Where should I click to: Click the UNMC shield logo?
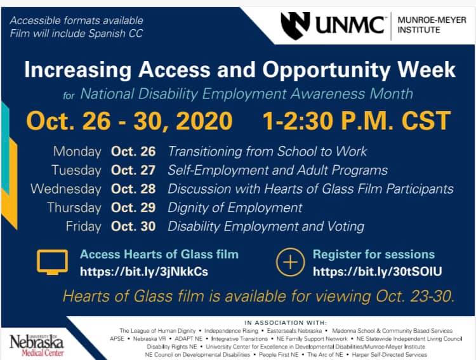pyautogui.click(x=295, y=25)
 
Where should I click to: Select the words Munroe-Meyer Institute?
pyautogui.click(x=432, y=25)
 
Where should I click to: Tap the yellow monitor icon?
pyautogui.click(x=52, y=262)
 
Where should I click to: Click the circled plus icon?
pyautogui.click(x=290, y=262)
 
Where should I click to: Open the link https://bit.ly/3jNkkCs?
pyautogui.click(x=144, y=271)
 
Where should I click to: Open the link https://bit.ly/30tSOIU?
pyautogui.click(x=378, y=271)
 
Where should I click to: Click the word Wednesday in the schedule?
pyautogui.click(x=66, y=189)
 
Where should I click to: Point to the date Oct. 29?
pyautogui.click(x=133, y=208)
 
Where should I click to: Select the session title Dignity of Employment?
pyautogui.click(x=235, y=208)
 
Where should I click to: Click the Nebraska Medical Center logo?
pyautogui.click(x=37, y=345)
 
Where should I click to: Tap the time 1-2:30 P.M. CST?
pyautogui.click(x=357, y=121)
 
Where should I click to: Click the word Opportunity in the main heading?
pyautogui.click(x=326, y=70)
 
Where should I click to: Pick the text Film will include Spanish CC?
pyautogui.click(x=77, y=34)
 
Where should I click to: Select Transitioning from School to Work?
pyautogui.click(x=267, y=151)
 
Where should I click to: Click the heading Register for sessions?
pyautogui.click(x=374, y=254)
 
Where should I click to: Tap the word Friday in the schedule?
pyautogui.click(x=84, y=227)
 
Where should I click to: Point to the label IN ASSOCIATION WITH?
pyautogui.click(x=286, y=323)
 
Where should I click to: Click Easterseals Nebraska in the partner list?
pyautogui.click(x=294, y=331)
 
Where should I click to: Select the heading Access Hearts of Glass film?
pyautogui.click(x=159, y=254)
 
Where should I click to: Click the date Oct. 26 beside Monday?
pyautogui.click(x=133, y=152)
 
